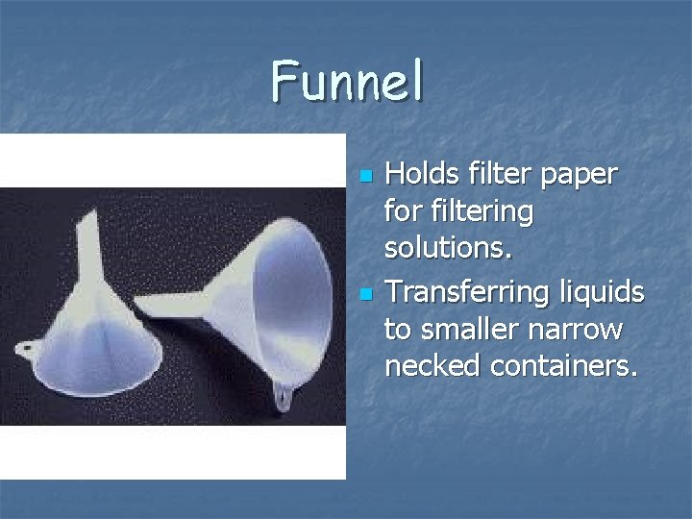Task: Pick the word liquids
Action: tap(605, 291)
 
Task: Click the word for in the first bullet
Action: tap(402, 210)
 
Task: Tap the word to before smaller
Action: tap(396, 329)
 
